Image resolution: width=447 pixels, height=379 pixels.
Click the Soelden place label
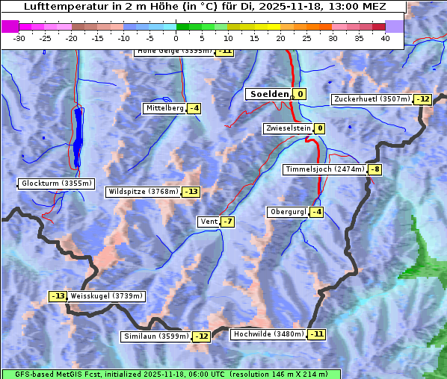[268, 94]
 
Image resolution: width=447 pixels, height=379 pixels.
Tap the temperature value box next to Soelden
[300, 94]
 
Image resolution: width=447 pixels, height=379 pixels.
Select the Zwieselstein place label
[288, 128]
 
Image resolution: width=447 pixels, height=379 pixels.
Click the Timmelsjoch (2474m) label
[325, 169]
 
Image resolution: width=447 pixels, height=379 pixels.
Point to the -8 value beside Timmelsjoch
[374, 169]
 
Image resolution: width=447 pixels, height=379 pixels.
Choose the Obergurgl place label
[288, 212]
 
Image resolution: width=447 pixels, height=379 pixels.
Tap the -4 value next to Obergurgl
[317, 212]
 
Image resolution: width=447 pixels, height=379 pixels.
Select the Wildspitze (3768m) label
[144, 192]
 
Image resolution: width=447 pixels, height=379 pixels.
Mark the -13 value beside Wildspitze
[191, 192]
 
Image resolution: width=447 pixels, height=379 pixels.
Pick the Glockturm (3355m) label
[57, 184]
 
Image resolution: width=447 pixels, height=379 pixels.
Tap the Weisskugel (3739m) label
[106, 295]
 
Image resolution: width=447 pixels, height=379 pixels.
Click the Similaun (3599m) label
[156, 336]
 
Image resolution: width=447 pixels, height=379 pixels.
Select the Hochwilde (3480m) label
[268, 333]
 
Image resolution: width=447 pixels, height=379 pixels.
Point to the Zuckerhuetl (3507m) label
[372, 99]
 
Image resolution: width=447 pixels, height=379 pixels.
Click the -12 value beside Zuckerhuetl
[423, 99]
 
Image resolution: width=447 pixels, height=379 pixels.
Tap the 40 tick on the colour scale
[385, 38]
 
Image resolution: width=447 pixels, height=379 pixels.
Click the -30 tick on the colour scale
[19, 38]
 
